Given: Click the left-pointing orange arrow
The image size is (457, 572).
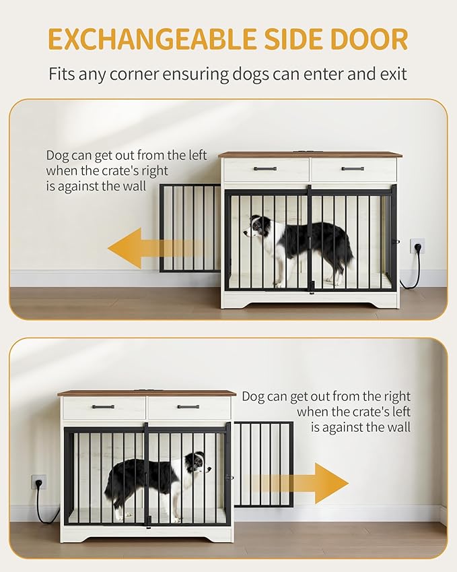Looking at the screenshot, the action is [x=155, y=248].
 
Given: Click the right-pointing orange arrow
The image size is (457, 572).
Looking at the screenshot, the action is [x=300, y=483].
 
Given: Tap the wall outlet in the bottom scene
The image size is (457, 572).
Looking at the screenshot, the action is [x=38, y=482].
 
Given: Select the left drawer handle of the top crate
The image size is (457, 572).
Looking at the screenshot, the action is [x=265, y=168].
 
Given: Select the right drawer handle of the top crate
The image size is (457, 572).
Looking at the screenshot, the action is [x=353, y=168].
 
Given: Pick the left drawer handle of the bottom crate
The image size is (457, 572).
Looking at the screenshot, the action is [x=103, y=407].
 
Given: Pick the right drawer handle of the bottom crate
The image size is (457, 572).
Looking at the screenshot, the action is [x=188, y=407].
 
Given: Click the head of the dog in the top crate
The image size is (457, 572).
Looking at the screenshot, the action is [x=257, y=227].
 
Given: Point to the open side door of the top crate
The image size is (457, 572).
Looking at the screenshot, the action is [x=190, y=228].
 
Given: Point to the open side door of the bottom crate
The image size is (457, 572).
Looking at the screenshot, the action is [x=263, y=464].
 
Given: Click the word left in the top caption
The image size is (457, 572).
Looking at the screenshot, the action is [x=197, y=155].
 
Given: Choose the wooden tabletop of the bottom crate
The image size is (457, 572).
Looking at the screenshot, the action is [x=147, y=393].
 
